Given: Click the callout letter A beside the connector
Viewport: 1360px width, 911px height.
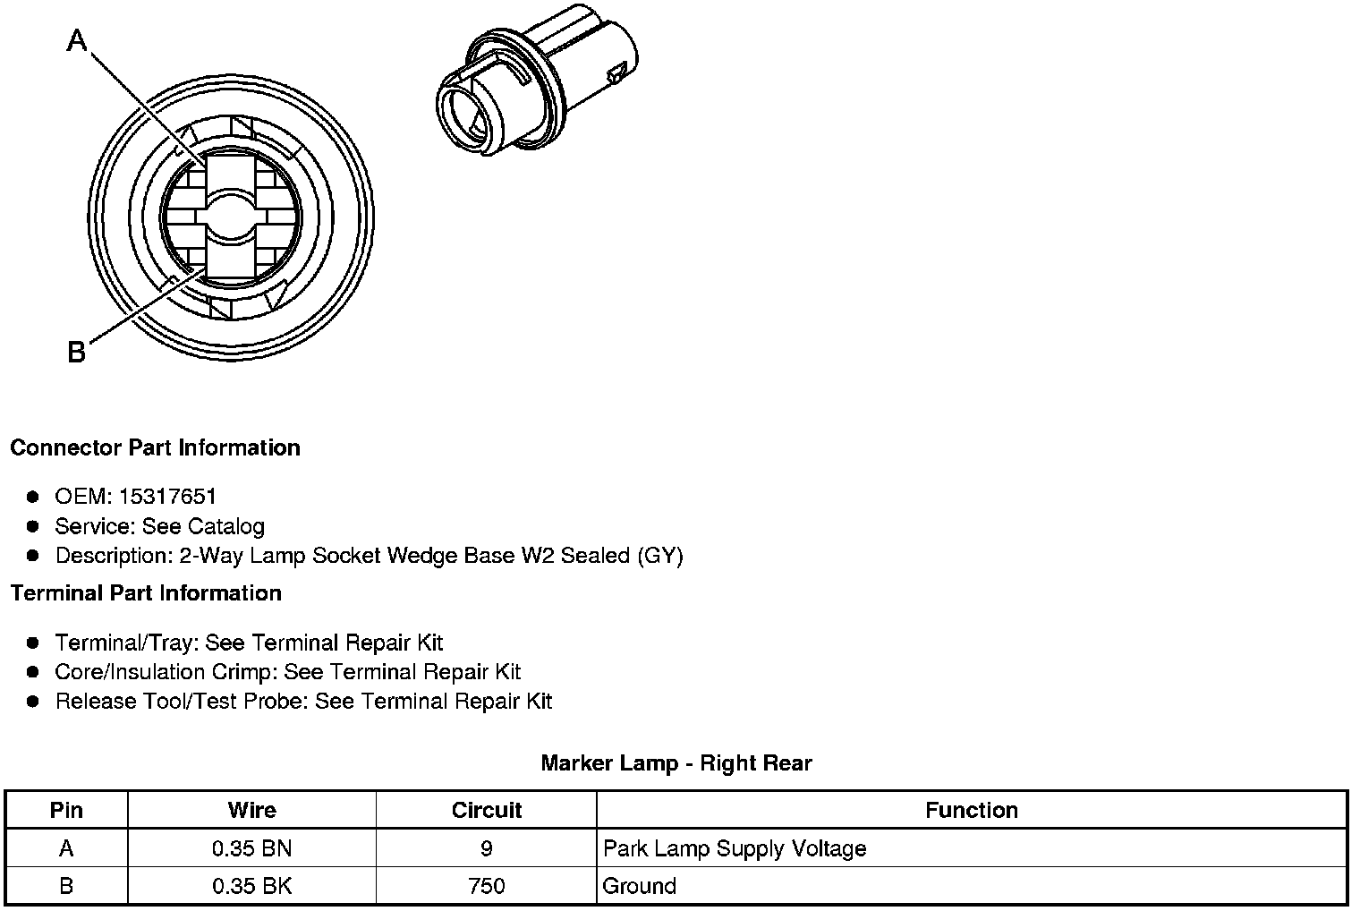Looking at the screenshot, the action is tap(77, 40).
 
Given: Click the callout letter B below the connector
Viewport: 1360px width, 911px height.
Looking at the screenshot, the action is tap(77, 352).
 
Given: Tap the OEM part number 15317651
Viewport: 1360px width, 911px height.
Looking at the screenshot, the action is tap(167, 496).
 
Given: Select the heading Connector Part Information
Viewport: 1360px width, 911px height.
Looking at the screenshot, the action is tap(156, 447).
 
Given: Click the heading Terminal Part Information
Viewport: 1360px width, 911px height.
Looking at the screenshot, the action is tap(147, 592).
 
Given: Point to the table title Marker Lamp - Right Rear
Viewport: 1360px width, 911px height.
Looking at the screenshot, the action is tap(676, 762).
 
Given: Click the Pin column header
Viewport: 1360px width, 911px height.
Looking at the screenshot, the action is tap(66, 810).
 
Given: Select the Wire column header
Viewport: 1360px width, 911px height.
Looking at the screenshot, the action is tap(252, 810).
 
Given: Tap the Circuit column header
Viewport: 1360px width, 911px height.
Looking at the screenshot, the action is tap(487, 810).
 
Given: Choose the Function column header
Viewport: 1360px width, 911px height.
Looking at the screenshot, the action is tap(972, 810).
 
